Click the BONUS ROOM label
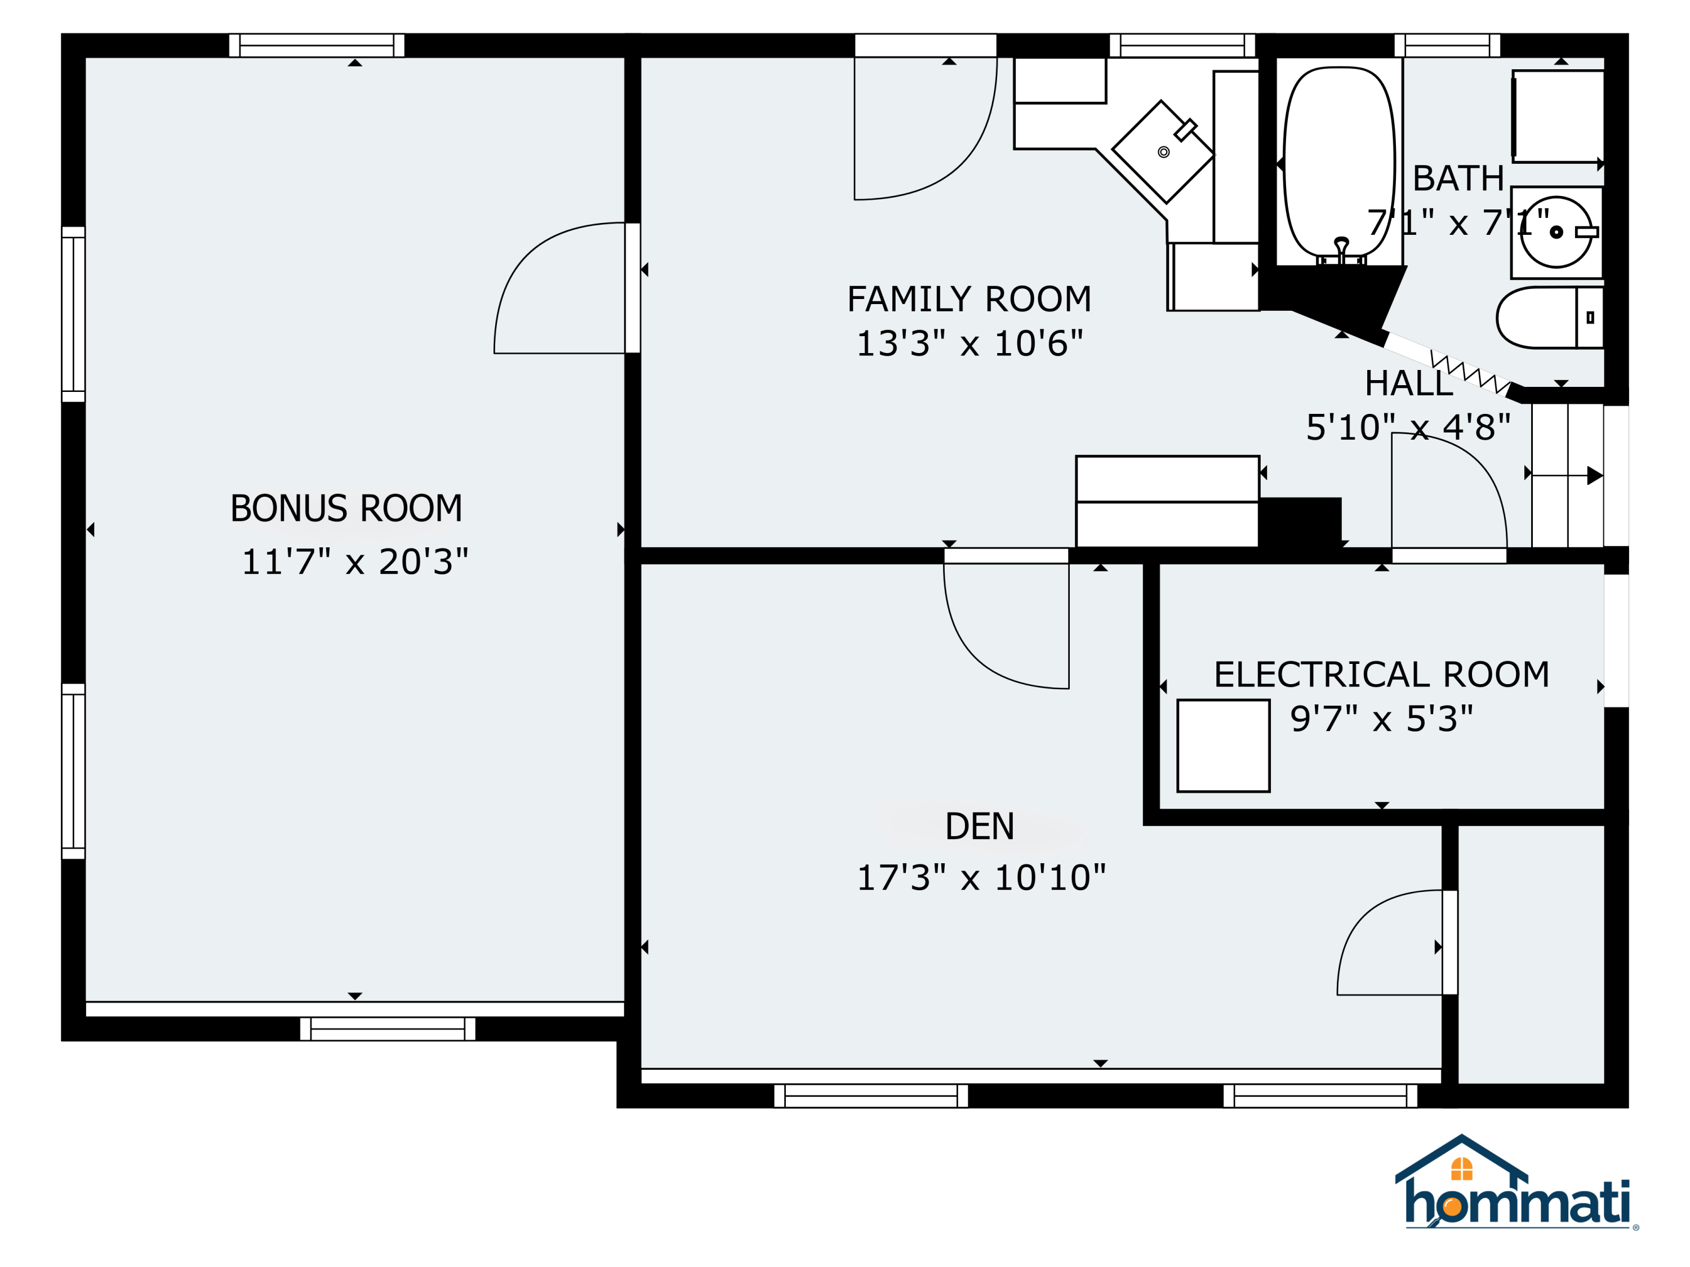click(346, 508)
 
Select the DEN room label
click(980, 827)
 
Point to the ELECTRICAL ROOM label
click(1381, 675)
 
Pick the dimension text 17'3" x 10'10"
click(981, 878)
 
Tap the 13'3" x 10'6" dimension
click(969, 343)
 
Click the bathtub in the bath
click(1339, 165)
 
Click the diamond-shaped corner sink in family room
click(1163, 152)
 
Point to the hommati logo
click(1516, 1183)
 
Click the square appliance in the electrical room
click(1223, 746)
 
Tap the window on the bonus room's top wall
click(316, 45)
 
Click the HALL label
click(1409, 383)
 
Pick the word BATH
click(1458, 179)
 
